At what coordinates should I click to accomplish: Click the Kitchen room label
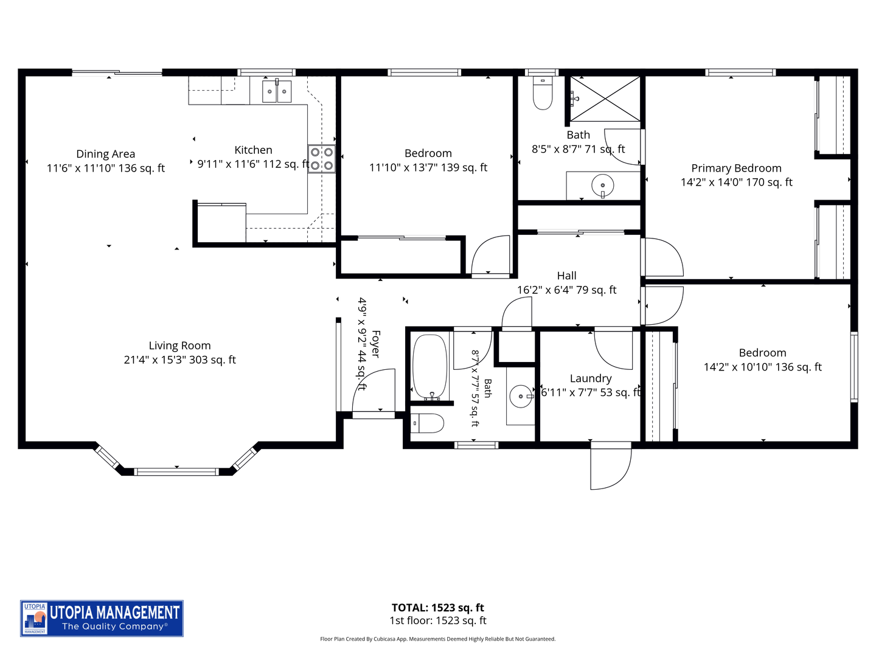[x=254, y=150]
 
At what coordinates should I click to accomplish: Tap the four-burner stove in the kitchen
[x=322, y=159]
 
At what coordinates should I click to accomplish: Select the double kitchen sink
[x=277, y=91]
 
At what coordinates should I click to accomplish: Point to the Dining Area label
[x=106, y=154]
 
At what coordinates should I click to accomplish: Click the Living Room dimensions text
[x=180, y=360]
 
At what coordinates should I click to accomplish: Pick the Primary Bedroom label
[x=736, y=169]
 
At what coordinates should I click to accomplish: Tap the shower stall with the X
[x=605, y=99]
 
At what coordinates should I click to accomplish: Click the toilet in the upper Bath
[x=543, y=93]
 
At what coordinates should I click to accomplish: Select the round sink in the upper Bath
[x=603, y=186]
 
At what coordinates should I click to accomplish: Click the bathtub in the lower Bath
[x=430, y=367]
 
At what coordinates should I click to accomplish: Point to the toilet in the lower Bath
[x=428, y=423]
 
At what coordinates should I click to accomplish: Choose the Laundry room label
[x=591, y=378]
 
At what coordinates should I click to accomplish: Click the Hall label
[x=567, y=276]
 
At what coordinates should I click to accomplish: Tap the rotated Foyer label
[x=375, y=344]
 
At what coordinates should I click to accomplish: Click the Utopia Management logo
[x=102, y=618]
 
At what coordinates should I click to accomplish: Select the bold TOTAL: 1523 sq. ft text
[x=438, y=608]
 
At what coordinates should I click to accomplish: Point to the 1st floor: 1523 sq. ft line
[x=438, y=620]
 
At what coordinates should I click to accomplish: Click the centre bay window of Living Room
[x=176, y=472]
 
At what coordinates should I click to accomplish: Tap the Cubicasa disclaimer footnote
[x=438, y=639]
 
